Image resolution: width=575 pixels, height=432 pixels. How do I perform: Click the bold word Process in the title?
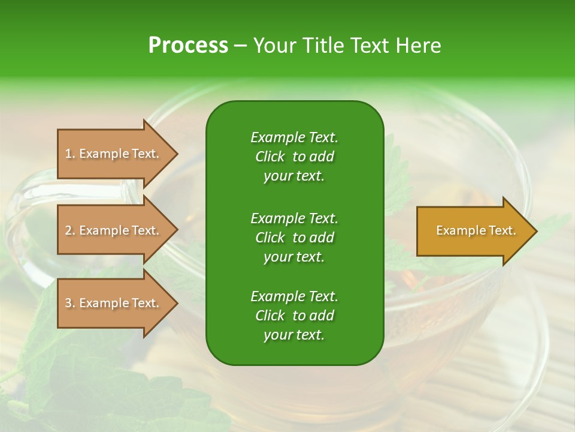coord(188,46)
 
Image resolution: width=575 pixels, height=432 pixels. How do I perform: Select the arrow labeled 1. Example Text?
coord(114,154)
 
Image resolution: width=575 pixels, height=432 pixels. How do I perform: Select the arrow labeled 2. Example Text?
coord(114,230)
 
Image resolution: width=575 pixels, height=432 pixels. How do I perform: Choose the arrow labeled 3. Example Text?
coord(114,303)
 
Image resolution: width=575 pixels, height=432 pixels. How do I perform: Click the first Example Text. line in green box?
coord(294,137)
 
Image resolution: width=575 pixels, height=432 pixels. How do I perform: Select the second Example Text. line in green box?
coord(294,218)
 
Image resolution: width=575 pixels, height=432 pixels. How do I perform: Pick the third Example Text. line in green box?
coord(294,296)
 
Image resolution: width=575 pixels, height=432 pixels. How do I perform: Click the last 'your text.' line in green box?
coord(294,335)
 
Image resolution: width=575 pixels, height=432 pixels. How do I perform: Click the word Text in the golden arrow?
coord(502,230)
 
